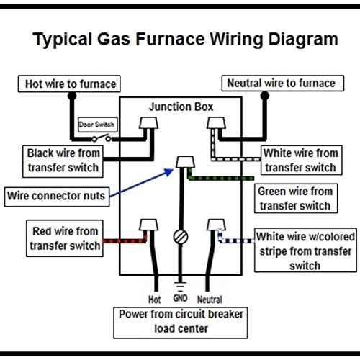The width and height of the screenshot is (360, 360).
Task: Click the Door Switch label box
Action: (98, 125)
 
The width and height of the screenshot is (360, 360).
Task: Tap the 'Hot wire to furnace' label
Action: (69, 84)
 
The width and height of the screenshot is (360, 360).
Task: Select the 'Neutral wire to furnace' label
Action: (283, 84)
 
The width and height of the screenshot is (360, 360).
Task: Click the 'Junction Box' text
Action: (181, 107)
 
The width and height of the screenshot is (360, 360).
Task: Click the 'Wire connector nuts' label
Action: (57, 197)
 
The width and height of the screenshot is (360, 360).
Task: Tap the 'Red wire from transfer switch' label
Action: (65, 238)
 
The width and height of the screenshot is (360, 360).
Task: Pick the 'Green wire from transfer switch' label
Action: (296, 199)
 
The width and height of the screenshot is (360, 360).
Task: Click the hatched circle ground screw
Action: (181, 237)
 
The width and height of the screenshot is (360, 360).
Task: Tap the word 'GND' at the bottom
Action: (180, 298)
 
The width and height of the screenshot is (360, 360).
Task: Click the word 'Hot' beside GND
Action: (154, 300)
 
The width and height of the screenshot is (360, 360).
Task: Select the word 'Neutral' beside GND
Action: (210, 300)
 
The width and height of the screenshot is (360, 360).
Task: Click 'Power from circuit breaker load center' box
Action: (181, 323)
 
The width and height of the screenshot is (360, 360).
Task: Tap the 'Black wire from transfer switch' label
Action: (63, 161)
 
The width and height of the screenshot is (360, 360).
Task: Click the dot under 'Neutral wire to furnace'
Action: (265, 96)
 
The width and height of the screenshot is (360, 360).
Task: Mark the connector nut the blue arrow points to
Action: (185, 162)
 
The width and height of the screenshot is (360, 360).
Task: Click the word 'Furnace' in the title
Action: (170, 39)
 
